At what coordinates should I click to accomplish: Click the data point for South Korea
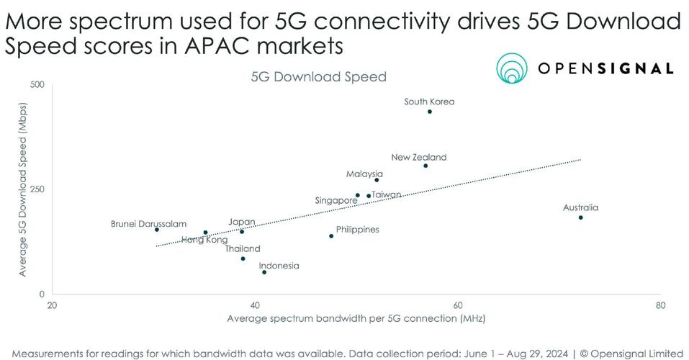click(x=430, y=112)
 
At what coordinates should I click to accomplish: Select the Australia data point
click(x=580, y=217)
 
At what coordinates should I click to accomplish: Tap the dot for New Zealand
click(x=425, y=166)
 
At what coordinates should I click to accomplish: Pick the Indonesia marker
click(x=264, y=272)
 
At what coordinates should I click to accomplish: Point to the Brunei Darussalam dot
click(x=157, y=230)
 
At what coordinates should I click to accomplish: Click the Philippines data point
click(x=331, y=236)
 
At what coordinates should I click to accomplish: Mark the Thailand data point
click(x=243, y=258)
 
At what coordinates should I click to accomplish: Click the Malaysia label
click(x=364, y=174)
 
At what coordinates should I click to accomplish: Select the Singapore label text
click(x=337, y=200)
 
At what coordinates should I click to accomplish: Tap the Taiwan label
click(x=387, y=194)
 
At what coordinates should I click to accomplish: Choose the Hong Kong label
click(x=204, y=240)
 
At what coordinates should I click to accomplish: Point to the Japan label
click(x=241, y=222)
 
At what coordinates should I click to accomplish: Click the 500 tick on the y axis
click(x=37, y=85)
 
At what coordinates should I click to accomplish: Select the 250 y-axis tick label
click(x=37, y=189)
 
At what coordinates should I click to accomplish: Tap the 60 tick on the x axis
click(x=457, y=305)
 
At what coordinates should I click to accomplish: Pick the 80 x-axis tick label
click(x=660, y=305)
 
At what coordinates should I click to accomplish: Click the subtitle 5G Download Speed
click(x=318, y=76)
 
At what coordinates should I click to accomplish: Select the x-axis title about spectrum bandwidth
click(x=356, y=318)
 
